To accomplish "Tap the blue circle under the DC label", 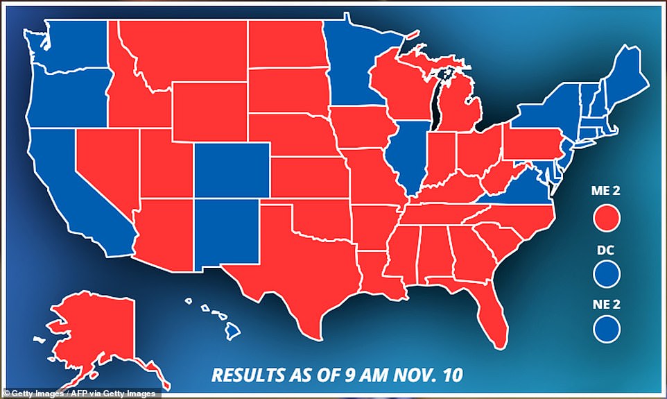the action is point(607,272).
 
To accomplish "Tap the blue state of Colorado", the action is point(231,171).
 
